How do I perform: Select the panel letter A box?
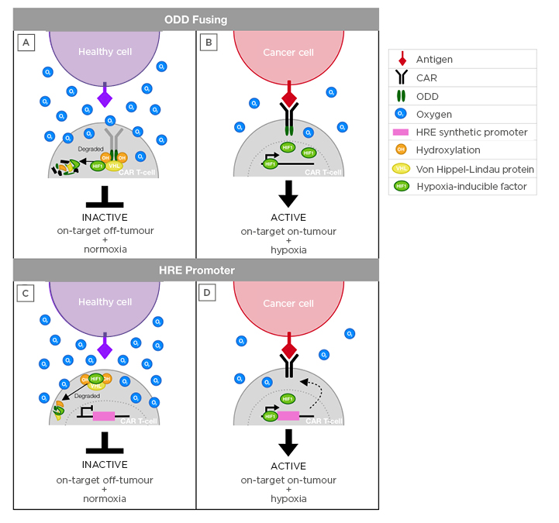[x=26, y=42]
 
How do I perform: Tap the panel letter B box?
[x=208, y=42]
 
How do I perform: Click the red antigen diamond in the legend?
[x=401, y=59]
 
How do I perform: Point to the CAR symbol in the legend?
[x=401, y=77]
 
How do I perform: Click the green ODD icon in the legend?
[x=401, y=96]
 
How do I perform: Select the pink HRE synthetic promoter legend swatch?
[x=401, y=132]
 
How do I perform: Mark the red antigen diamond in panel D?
[x=288, y=349]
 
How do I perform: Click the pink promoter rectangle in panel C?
[x=104, y=416]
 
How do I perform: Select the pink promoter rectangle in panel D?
[x=288, y=416]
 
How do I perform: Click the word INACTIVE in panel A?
[x=105, y=217]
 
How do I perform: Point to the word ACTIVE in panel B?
[x=288, y=217]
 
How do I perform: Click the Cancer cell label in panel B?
[x=288, y=53]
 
